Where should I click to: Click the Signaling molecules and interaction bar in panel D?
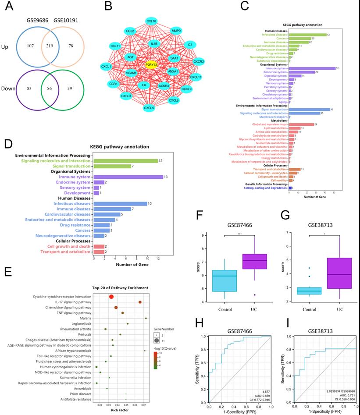pyautogui.click(x=126, y=161)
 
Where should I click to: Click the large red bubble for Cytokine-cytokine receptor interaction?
pyautogui.click(x=111, y=297)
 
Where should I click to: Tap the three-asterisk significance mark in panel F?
pyautogui.click(x=239, y=234)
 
